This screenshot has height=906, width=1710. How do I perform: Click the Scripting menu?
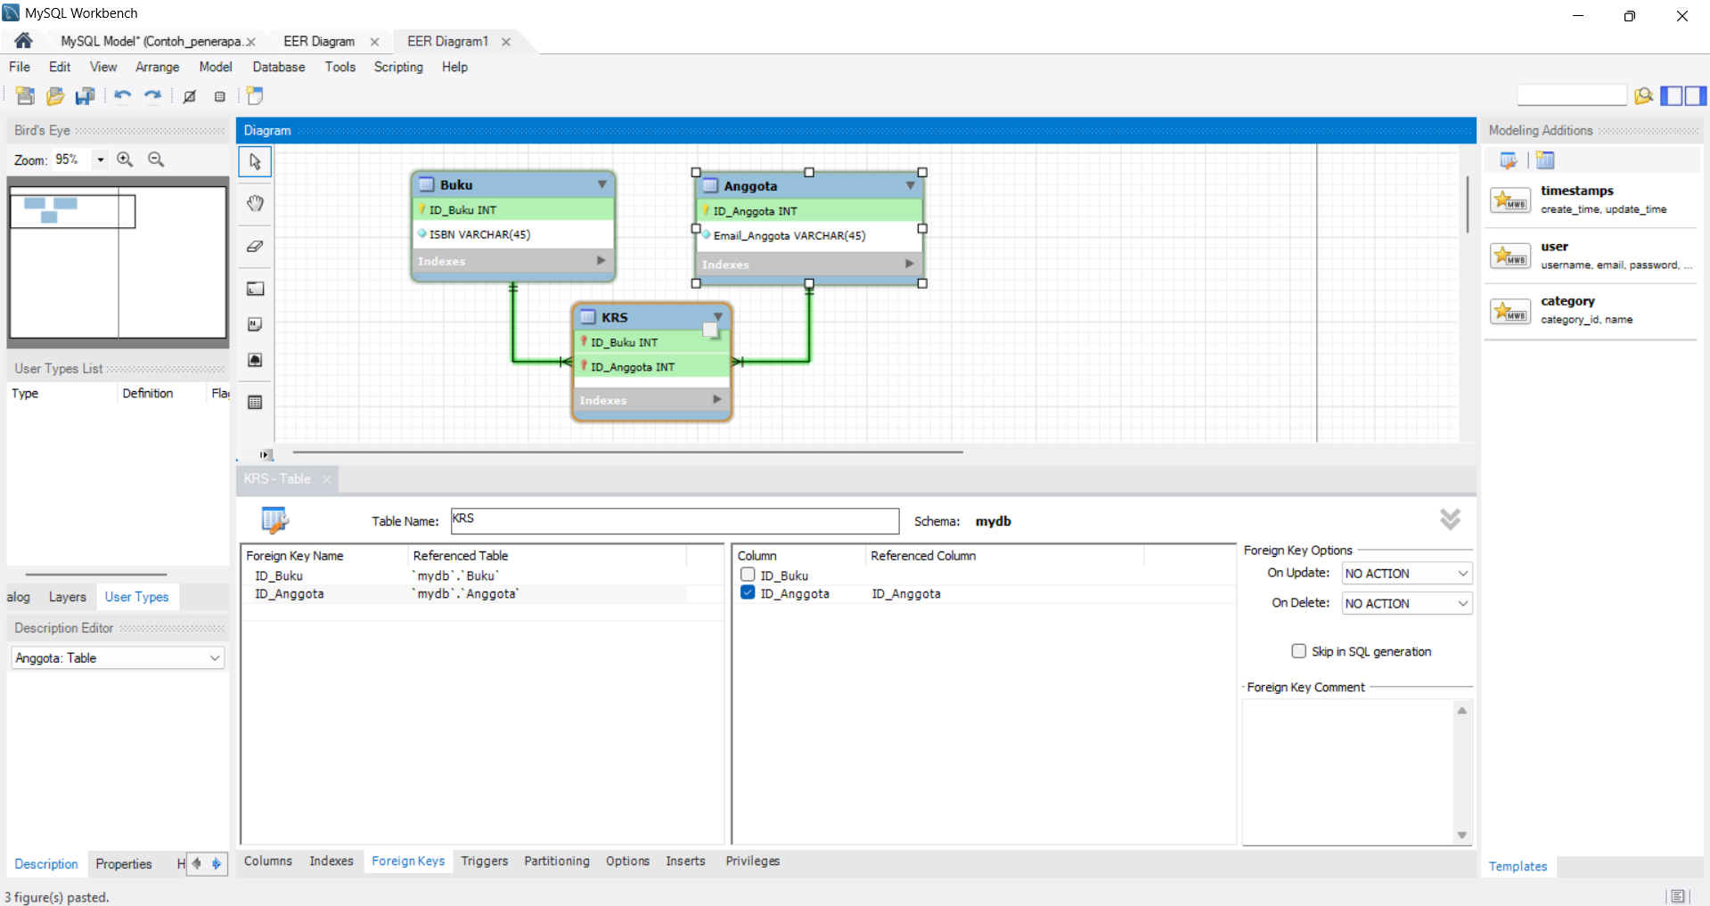pos(398,67)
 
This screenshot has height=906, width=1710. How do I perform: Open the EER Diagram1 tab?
pos(447,41)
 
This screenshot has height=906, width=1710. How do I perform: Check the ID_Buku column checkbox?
pos(748,575)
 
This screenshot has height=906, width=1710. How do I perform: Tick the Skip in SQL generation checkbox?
pos(1298,651)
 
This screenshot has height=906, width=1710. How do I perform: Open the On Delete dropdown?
pos(1407,603)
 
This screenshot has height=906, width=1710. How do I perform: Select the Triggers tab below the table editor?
pos(485,861)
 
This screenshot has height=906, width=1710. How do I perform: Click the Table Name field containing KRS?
pos(675,520)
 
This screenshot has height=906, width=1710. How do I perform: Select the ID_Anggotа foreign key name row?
pos(290,594)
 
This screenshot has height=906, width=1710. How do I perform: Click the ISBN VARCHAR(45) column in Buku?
pos(479,234)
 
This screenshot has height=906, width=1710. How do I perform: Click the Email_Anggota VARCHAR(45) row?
pos(789,236)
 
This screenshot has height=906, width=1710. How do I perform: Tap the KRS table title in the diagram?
pos(614,317)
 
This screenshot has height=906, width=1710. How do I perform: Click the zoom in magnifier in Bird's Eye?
pos(126,159)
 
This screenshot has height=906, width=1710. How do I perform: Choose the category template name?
pos(1567,301)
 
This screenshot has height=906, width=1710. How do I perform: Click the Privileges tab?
pos(752,861)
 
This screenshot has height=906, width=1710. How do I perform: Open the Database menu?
pos(279,67)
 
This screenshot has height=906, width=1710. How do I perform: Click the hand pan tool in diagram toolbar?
pos(255,203)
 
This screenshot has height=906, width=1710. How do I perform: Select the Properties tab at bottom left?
pos(124,864)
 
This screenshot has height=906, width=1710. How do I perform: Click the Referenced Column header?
pos(923,555)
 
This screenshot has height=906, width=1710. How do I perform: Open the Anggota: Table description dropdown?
pos(118,657)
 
